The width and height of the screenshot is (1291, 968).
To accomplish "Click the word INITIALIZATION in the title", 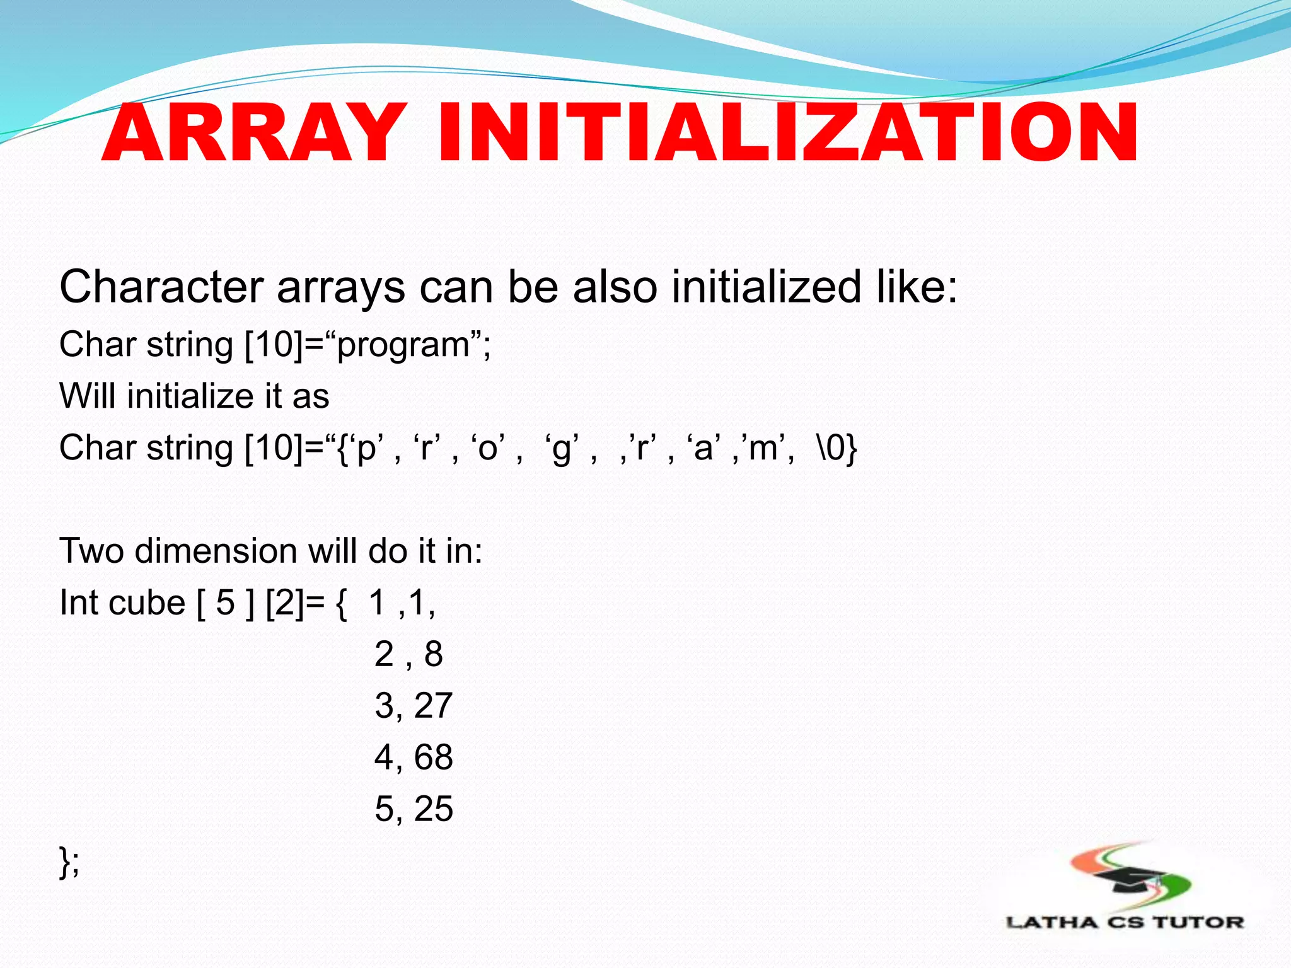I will [x=787, y=134].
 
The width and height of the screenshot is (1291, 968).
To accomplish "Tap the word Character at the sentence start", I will [x=161, y=287].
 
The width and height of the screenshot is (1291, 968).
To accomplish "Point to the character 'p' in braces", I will [x=366, y=449].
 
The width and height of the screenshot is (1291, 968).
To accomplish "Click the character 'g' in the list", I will [x=561, y=449].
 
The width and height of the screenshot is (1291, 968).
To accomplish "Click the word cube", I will [x=147, y=602].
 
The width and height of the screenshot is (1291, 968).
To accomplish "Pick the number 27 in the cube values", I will [x=434, y=706].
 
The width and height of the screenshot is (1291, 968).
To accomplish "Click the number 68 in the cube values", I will [x=434, y=758].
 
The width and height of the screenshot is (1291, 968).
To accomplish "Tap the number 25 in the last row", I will [x=434, y=809].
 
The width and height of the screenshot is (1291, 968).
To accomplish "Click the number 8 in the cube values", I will [x=434, y=654].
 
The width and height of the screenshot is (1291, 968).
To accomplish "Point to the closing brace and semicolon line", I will [x=69, y=861].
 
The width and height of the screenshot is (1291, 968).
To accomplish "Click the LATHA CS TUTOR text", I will [x=1125, y=923].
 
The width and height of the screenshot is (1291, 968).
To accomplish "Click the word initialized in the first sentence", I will [x=765, y=287].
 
